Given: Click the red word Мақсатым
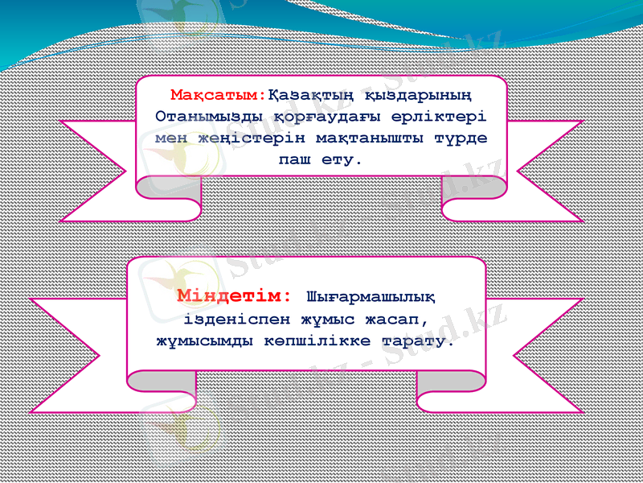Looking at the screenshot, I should [217, 95].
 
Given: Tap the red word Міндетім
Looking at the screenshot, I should [234, 295].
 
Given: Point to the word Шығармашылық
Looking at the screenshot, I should [371, 296].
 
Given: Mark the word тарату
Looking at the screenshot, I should [422, 341].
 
